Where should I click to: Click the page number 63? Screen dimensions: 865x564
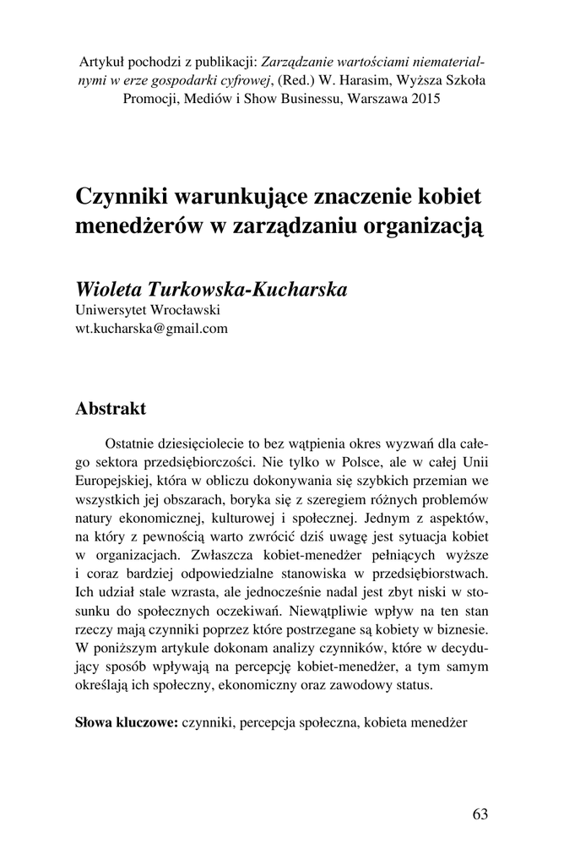(x=480, y=814)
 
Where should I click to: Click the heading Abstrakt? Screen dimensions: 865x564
(x=110, y=409)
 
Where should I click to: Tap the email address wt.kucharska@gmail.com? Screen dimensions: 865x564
(x=152, y=329)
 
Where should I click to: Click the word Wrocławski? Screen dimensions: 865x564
(x=180, y=311)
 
